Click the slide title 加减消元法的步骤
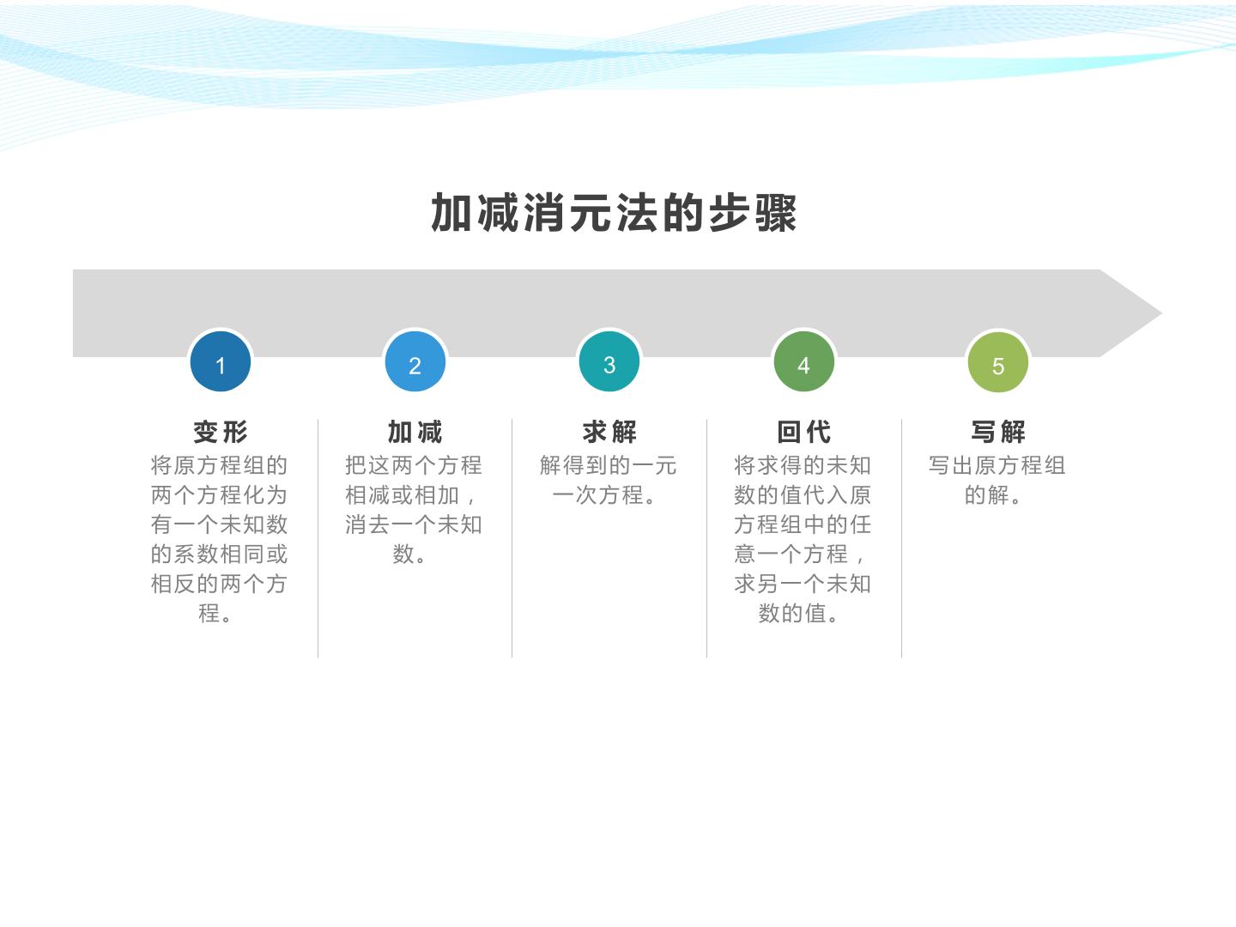(x=614, y=213)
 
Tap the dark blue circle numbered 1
(x=221, y=361)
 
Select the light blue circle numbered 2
(x=415, y=361)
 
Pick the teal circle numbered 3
(x=609, y=361)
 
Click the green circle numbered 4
(x=803, y=361)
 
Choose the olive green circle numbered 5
(x=997, y=362)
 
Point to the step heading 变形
(x=221, y=433)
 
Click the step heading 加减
(x=415, y=433)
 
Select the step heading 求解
(x=609, y=433)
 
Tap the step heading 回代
(x=803, y=433)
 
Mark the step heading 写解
(x=997, y=433)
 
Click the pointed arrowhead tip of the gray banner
(x=1161, y=313)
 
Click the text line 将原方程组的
(x=219, y=465)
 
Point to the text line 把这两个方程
(x=414, y=465)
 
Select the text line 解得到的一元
(x=609, y=465)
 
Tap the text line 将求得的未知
(x=803, y=465)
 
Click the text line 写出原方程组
(x=997, y=465)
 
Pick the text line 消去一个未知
(x=414, y=524)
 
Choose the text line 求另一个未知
(x=803, y=584)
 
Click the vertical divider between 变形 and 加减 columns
(x=318, y=538)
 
